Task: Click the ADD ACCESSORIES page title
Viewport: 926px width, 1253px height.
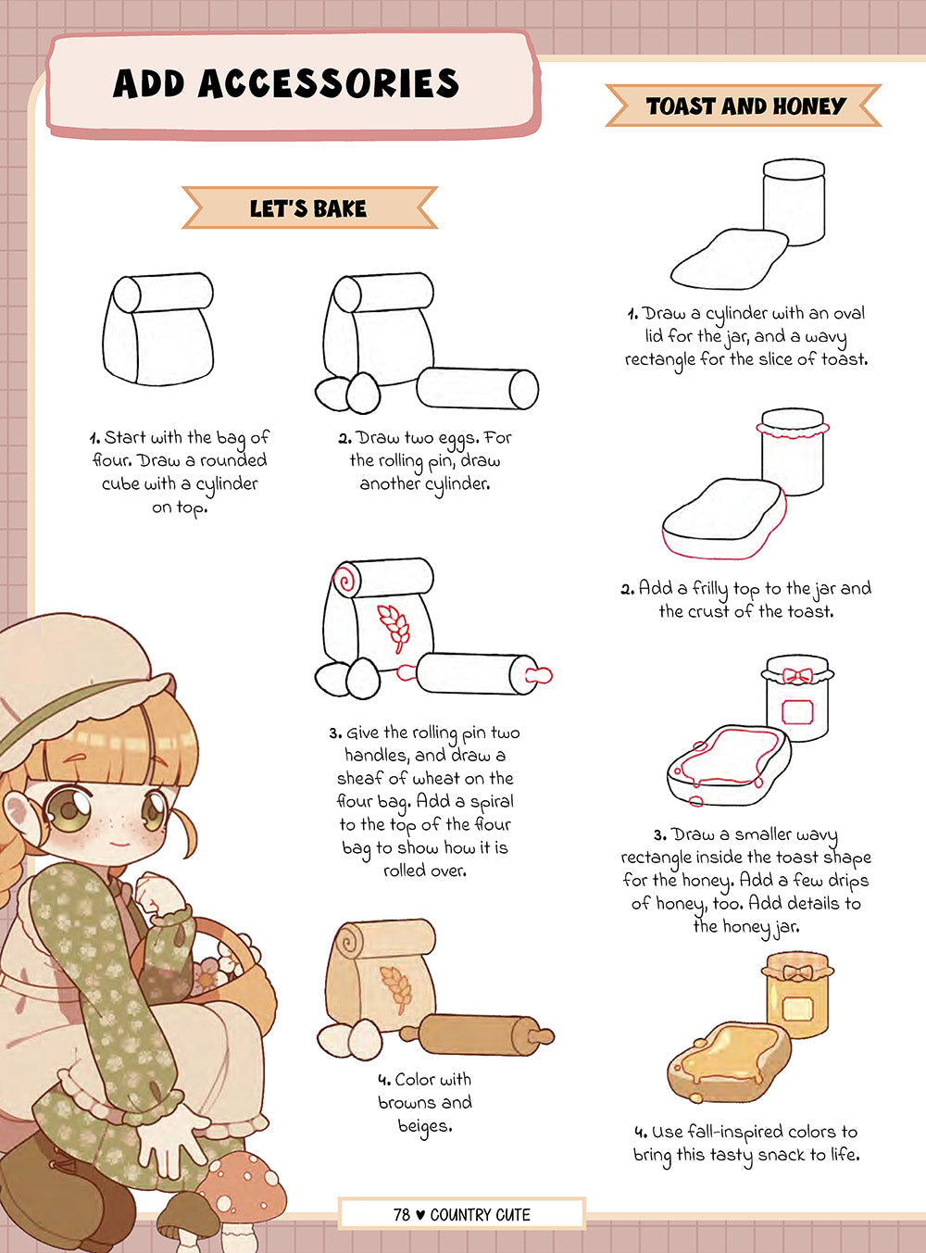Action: tap(286, 83)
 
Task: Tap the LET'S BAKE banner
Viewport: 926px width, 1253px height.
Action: tap(309, 207)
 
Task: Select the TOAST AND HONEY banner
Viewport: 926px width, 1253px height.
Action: tap(744, 106)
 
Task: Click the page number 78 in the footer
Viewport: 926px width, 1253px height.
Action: tap(401, 1215)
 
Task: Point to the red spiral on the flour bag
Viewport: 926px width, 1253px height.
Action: tap(345, 580)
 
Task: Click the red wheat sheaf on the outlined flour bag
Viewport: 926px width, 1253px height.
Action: tap(394, 628)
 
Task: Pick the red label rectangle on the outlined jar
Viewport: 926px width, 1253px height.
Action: tap(797, 712)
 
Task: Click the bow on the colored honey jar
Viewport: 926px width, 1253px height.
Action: tap(798, 972)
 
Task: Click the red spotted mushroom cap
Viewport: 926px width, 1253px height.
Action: tap(242, 1183)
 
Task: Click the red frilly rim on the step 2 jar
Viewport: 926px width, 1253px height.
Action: tap(793, 430)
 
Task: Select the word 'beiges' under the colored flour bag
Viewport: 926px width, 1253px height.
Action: tap(425, 1126)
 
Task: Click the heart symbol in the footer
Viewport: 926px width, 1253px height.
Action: tap(419, 1215)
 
